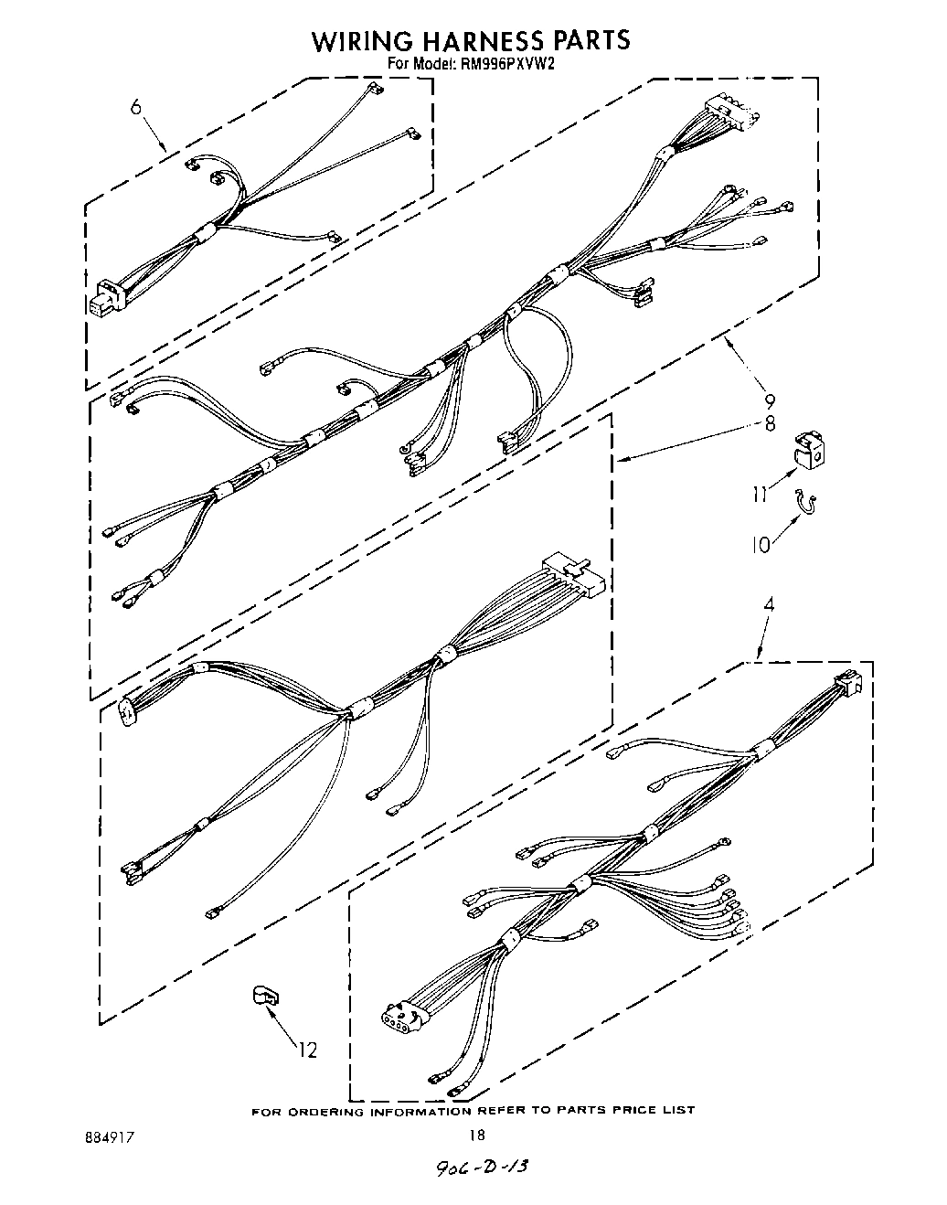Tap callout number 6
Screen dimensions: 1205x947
click(136, 107)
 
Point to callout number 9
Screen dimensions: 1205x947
click(770, 400)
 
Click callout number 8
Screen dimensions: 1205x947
click(770, 423)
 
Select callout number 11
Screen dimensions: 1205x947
click(761, 494)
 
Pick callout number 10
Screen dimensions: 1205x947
click(761, 544)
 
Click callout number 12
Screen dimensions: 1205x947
click(308, 1050)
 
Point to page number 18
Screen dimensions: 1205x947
click(475, 1135)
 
